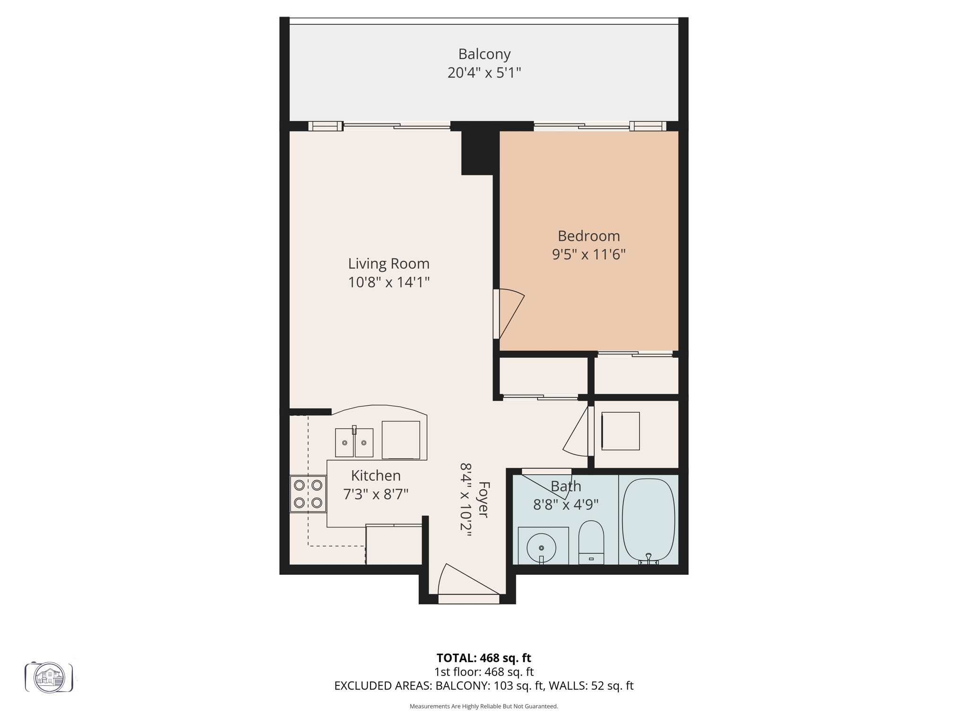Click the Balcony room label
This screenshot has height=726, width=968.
(484, 54)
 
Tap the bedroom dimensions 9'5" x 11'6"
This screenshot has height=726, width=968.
(588, 255)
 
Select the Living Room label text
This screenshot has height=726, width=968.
(389, 264)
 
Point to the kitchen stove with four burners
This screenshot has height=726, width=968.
(308, 494)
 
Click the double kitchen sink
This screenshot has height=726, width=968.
(354, 442)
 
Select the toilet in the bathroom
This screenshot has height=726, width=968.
(591, 542)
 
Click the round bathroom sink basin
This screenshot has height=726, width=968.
(542, 547)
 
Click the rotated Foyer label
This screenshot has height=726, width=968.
(484, 499)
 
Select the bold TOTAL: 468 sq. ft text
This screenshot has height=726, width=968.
(484, 658)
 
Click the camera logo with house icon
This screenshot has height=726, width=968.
(49, 677)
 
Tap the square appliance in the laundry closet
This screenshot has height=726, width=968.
(620, 431)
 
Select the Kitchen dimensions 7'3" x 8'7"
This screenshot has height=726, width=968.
(375, 494)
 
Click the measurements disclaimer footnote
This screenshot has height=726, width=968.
(484, 706)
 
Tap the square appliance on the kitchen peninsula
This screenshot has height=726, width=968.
(400, 440)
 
